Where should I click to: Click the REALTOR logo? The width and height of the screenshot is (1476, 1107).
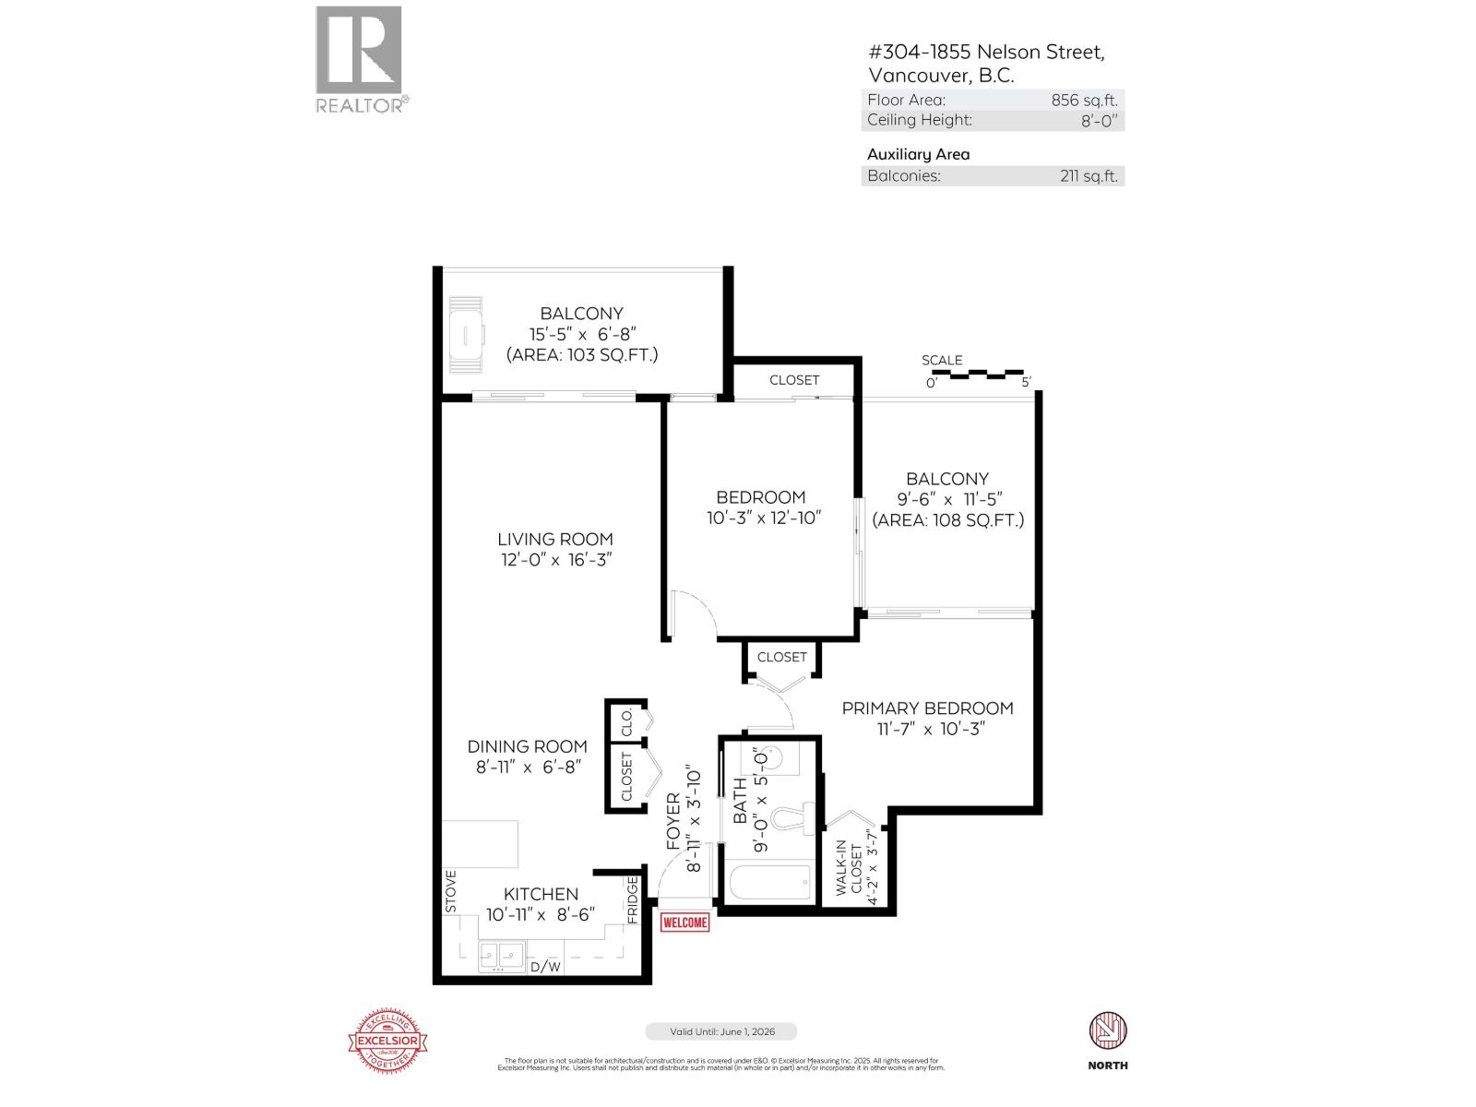pyautogui.click(x=359, y=59)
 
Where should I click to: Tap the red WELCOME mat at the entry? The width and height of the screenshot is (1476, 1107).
pyautogui.click(x=685, y=922)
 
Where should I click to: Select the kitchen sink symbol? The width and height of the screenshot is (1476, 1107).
pyautogui.click(x=501, y=956)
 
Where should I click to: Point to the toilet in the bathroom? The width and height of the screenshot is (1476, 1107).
pyautogui.click(x=792, y=819)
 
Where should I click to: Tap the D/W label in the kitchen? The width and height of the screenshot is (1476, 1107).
pyautogui.click(x=545, y=967)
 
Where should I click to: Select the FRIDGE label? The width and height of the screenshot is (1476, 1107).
pyautogui.click(x=633, y=899)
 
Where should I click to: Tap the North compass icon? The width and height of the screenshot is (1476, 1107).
pyautogui.click(x=1108, y=1030)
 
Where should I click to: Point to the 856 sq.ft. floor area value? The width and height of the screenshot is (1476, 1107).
pyautogui.click(x=1084, y=101)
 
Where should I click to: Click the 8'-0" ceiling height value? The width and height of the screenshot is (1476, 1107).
pyautogui.click(x=1100, y=120)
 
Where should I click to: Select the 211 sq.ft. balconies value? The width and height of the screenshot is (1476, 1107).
pyautogui.click(x=1089, y=176)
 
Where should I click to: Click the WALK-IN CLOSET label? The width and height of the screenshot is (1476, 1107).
pyautogui.click(x=855, y=868)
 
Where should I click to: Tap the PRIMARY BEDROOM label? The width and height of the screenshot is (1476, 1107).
pyautogui.click(x=927, y=708)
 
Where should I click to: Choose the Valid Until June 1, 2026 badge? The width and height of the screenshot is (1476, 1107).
pyautogui.click(x=720, y=1031)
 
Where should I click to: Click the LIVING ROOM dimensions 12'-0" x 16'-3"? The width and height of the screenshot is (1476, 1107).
pyautogui.click(x=554, y=560)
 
